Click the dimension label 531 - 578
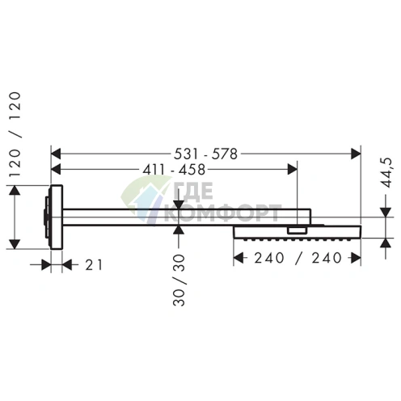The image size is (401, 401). click(205, 154)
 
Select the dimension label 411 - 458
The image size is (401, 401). click(174, 170)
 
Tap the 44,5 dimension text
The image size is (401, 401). click(388, 173)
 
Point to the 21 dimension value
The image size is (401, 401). click(94, 265)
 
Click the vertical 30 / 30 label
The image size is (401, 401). click(179, 280)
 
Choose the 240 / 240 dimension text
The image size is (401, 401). click(298, 258)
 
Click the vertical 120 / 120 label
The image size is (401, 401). click(15, 134)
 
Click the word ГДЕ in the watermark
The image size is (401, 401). click(193, 192)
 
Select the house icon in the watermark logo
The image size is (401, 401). click(146, 200)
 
